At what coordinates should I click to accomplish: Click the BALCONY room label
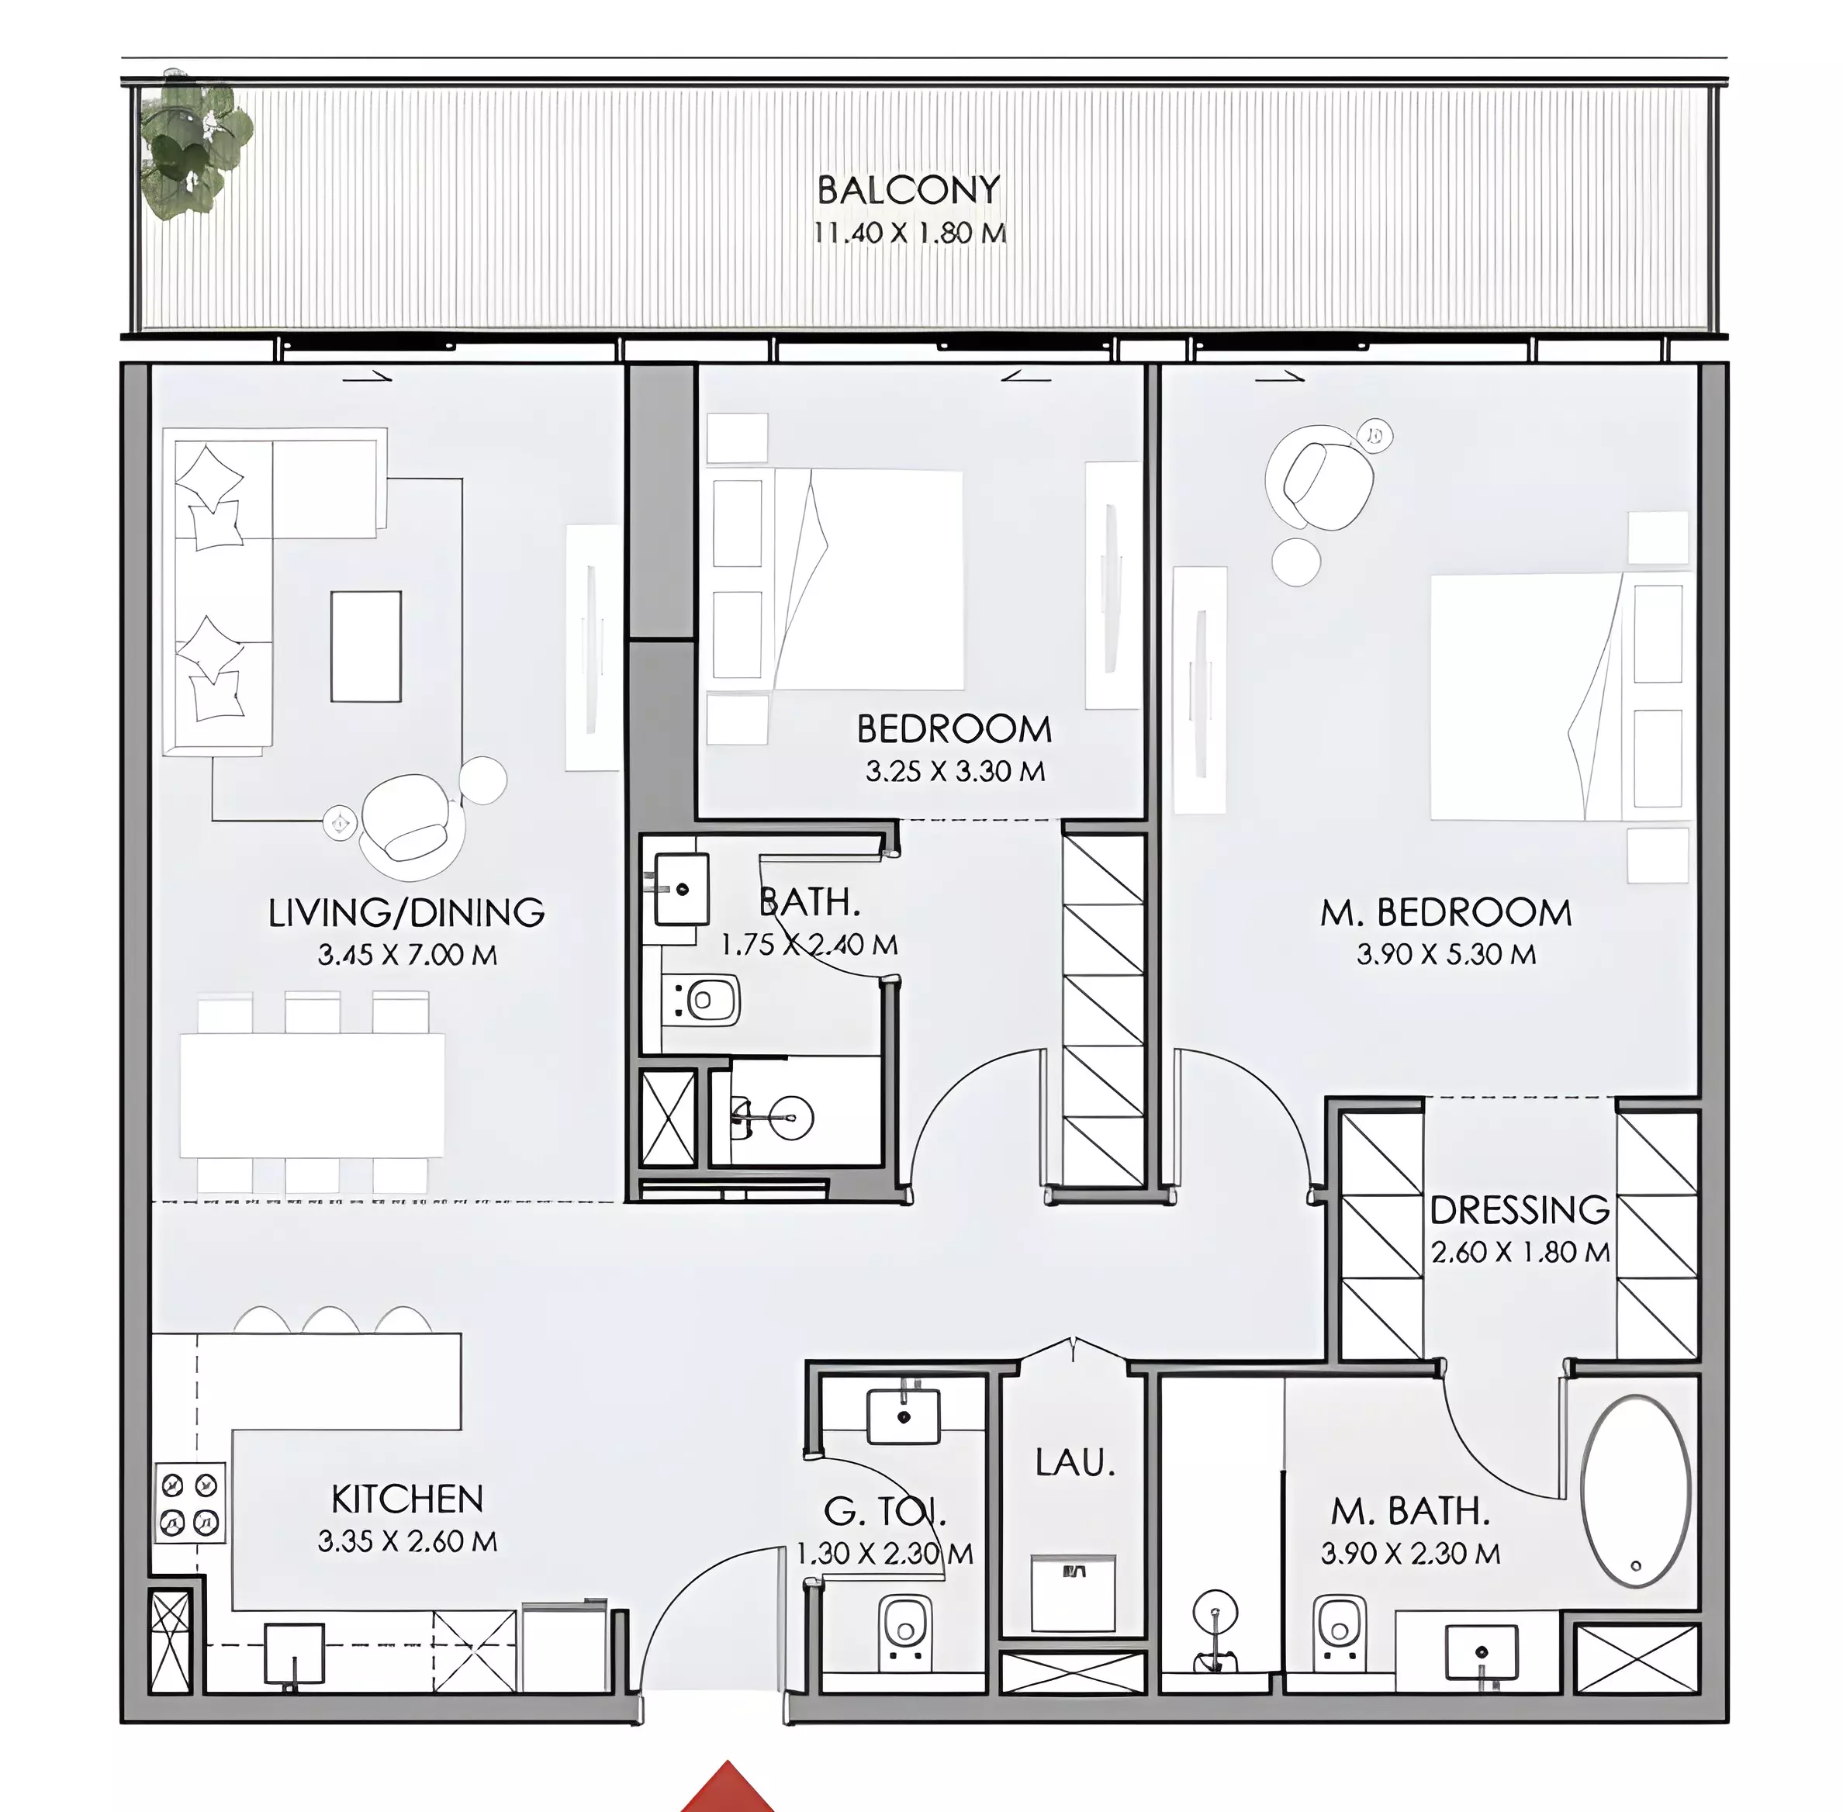click(908, 189)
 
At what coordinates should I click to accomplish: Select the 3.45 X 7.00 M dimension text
click(407, 955)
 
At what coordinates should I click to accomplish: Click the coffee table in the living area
click(366, 646)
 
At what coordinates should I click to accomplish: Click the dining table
click(312, 1094)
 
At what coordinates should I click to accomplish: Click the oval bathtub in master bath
click(1636, 1490)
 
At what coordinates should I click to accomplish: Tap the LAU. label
click(1074, 1462)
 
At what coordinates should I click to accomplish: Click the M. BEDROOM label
click(1445, 913)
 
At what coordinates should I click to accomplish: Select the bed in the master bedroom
click(1561, 696)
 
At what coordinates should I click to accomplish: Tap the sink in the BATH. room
click(680, 889)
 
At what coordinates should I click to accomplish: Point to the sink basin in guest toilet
click(903, 1417)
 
